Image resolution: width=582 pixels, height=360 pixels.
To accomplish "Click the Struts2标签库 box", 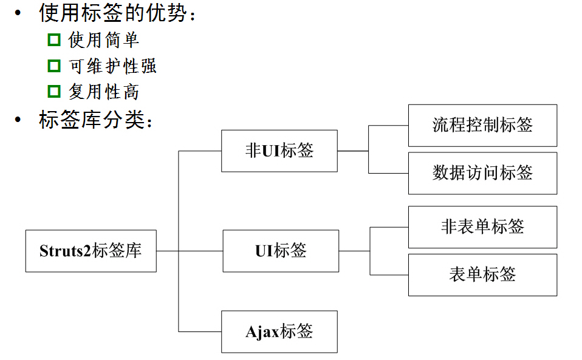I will click(x=91, y=251).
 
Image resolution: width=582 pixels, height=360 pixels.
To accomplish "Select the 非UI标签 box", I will click(x=279, y=151).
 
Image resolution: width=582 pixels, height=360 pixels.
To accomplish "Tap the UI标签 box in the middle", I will click(x=281, y=251).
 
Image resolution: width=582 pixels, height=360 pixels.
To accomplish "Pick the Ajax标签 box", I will click(x=279, y=331).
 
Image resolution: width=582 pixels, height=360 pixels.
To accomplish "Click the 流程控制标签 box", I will click(x=482, y=125).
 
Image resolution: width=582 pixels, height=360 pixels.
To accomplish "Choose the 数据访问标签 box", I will click(x=482, y=173).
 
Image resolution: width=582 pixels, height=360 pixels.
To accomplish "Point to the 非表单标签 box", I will click(x=482, y=227).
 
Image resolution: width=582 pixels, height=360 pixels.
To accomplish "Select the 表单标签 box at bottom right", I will click(x=482, y=274).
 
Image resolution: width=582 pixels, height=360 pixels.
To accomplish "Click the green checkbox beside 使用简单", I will click(x=55, y=41).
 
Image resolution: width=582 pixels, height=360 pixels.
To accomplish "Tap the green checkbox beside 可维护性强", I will click(x=55, y=66).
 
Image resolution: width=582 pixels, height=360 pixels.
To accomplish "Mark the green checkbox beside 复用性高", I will click(x=55, y=92).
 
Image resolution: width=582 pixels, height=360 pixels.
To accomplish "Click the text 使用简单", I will click(x=104, y=41).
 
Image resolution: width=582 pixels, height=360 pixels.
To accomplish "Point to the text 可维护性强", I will click(x=113, y=66).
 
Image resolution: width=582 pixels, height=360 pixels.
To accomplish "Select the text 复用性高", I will click(x=104, y=92).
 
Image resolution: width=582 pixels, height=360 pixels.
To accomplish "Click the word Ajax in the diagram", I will click(x=262, y=332).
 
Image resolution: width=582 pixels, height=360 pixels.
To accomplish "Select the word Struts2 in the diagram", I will click(x=65, y=251).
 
